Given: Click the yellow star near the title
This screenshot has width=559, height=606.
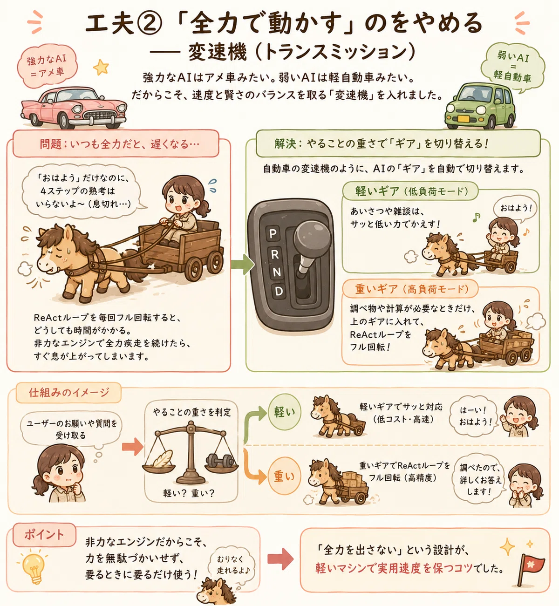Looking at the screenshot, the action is click(101, 67).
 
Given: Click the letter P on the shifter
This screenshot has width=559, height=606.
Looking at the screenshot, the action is click(273, 234).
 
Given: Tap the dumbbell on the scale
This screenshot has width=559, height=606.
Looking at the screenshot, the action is click(220, 460).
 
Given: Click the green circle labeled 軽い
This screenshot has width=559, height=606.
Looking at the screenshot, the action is click(285, 412).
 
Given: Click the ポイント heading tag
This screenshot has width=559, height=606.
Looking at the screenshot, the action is click(44, 535).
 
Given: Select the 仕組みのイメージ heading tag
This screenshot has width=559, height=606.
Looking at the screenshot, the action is click(68, 393).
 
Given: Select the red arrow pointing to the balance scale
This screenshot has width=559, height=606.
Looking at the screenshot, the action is click(132, 447).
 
